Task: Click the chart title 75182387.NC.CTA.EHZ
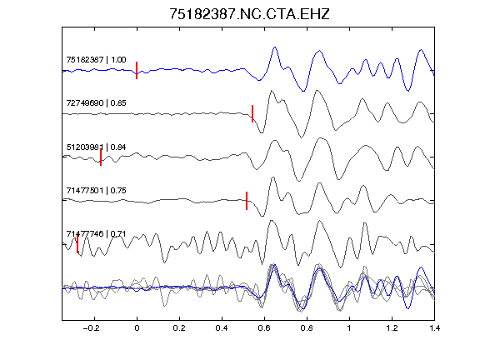click(x=249, y=14)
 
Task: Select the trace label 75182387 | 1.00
click(x=96, y=59)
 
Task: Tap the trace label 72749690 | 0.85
click(x=96, y=102)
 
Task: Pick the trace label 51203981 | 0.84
click(x=96, y=147)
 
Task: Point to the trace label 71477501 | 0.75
click(x=96, y=190)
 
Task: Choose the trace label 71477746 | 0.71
click(x=96, y=234)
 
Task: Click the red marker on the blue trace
click(x=137, y=70)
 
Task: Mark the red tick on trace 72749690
click(x=252, y=113)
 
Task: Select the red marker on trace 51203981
click(x=101, y=157)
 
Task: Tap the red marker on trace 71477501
click(x=247, y=201)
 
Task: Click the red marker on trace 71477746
click(x=77, y=244)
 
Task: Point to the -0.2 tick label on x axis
click(x=92, y=328)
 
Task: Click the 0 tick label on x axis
click(x=137, y=328)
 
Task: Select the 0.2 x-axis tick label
click(x=179, y=328)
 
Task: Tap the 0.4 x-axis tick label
click(x=222, y=328)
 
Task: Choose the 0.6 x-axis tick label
click(x=264, y=328)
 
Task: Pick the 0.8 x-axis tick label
click(x=307, y=328)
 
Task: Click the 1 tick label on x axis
click(x=349, y=328)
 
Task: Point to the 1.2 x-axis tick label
click(x=392, y=328)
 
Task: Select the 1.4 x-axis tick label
click(x=434, y=328)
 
